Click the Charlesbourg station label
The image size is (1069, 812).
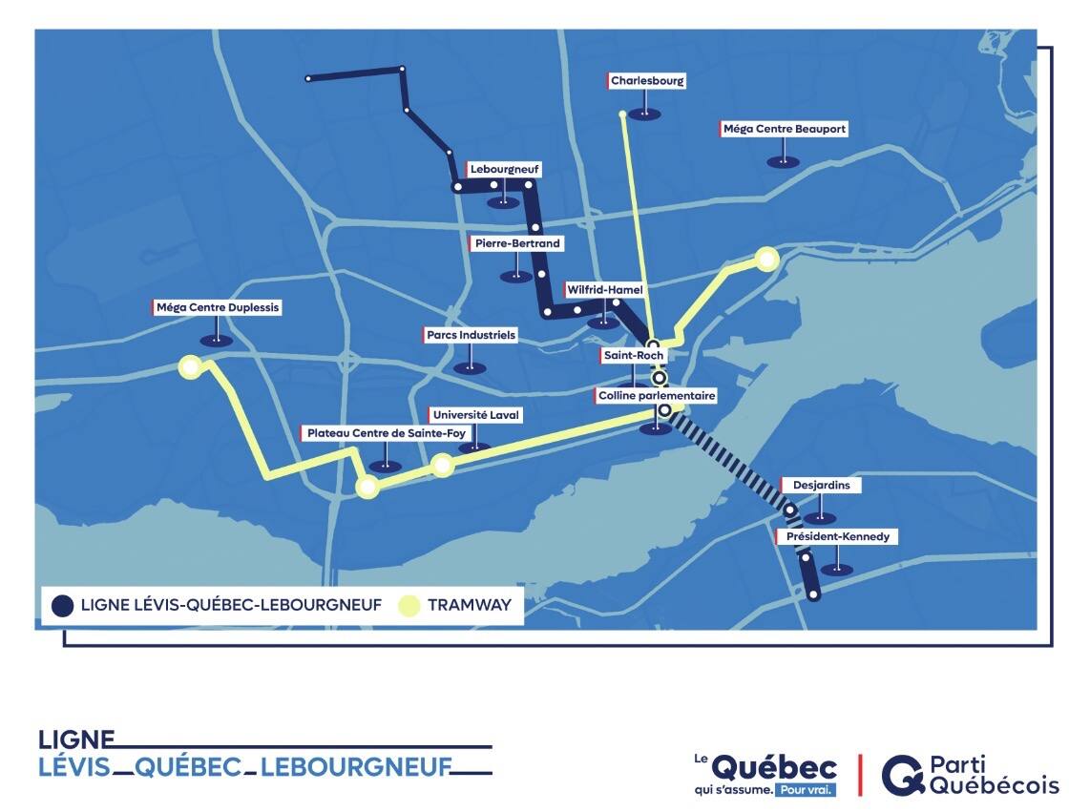(647, 81)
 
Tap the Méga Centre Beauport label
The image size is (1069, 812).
(784, 129)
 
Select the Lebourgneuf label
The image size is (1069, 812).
(504, 169)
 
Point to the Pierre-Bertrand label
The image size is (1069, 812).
(516, 243)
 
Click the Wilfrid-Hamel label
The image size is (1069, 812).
(605, 289)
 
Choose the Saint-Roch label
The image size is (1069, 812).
(632, 355)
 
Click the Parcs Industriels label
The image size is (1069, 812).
(470, 336)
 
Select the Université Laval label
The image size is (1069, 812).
(476, 415)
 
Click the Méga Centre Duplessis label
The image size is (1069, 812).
(217, 308)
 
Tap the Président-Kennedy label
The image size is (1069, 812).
(837, 536)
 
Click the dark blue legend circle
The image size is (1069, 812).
(63, 605)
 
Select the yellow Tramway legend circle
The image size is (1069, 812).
(409, 605)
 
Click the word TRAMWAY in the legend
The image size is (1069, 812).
(470, 605)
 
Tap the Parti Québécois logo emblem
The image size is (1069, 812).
(900, 775)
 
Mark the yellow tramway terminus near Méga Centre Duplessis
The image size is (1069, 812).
(191, 366)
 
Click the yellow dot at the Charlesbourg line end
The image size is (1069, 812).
(622, 115)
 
